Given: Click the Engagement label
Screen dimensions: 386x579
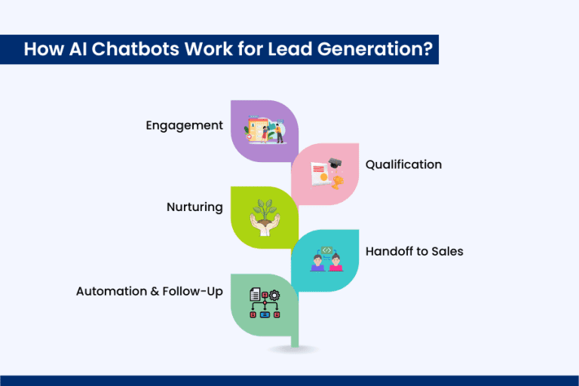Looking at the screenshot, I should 185,125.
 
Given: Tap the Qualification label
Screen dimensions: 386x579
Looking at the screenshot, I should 403,164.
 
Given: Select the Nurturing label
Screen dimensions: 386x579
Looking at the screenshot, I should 195,207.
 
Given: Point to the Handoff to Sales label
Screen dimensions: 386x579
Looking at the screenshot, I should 414,251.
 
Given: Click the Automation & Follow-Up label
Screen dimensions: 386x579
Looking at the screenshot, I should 149,291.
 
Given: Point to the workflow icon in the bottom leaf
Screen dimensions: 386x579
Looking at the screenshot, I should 264,302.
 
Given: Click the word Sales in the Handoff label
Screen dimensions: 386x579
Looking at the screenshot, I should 446,251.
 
